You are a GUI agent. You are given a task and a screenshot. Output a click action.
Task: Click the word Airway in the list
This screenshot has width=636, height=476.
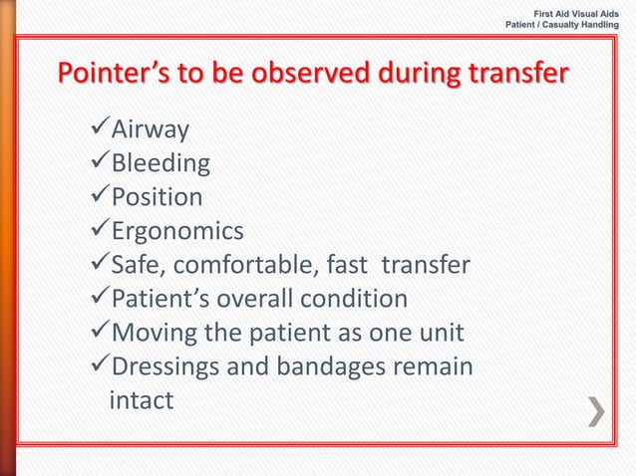coord(150,129)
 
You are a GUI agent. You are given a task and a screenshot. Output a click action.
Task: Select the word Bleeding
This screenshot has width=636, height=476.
coord(160,163)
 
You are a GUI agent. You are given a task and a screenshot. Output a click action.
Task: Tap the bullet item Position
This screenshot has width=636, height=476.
coord(157,197)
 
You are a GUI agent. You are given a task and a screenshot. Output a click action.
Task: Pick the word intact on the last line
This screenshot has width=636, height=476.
coord(141,400)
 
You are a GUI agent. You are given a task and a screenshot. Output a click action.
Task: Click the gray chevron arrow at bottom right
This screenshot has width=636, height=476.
coord(595,411)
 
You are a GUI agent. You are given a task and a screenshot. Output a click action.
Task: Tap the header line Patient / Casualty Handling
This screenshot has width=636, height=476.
coord(563,24)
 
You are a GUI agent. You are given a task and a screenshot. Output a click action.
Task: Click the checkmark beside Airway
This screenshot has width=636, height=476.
coord(98,129)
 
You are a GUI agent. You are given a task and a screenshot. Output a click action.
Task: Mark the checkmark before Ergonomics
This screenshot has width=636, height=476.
coord(98,232)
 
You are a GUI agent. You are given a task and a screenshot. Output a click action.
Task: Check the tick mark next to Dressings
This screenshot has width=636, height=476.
coord(98,367)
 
